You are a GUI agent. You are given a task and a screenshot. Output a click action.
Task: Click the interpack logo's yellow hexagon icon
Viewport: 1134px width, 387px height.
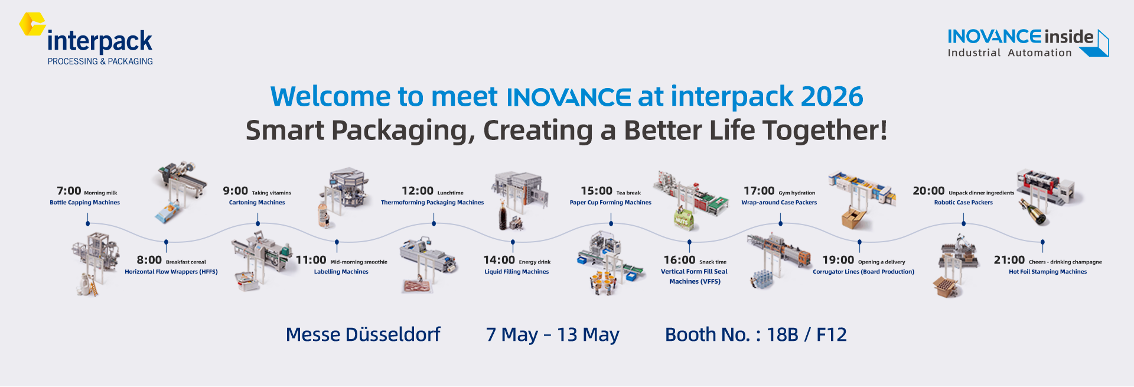[x=32, y=24]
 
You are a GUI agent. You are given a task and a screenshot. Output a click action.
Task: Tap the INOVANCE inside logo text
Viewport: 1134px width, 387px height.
[x=1021, y=37]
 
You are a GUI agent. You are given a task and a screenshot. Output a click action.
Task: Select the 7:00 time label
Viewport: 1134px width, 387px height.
[x=69, y=191]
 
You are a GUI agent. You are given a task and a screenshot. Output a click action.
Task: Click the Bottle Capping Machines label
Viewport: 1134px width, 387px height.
[x=85, y=203]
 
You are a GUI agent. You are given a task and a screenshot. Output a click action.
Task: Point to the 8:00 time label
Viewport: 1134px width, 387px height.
[x=149, y=260]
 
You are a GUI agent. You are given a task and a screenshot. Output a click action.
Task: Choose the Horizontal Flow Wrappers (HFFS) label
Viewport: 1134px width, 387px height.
[x=171, y=272]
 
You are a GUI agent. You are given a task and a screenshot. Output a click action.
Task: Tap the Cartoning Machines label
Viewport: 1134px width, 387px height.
[x=257, y=203]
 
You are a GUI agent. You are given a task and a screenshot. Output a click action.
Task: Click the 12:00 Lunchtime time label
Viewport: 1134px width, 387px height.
[x=432, y=191]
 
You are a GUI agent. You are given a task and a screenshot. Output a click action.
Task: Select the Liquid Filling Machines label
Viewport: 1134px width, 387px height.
[x=517, y=272]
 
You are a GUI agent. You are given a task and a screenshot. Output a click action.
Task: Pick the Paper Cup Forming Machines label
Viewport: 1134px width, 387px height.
[x=611, y=203]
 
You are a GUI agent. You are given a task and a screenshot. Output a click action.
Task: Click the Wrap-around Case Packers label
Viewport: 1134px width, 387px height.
[x=779, y=203]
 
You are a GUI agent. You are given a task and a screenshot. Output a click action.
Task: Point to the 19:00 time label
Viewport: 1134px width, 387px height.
[x=838, y=260]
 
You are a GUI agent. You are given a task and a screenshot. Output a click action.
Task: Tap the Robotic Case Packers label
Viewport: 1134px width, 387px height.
[x=963, y=203]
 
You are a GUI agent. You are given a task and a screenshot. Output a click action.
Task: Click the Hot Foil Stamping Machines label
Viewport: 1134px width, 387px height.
[x=1048, y=272]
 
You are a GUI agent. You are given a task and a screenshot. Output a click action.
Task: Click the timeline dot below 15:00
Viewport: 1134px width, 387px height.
[x=611, y=223]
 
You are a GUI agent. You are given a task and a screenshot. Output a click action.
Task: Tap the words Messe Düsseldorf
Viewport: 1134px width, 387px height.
[x=363, y=334]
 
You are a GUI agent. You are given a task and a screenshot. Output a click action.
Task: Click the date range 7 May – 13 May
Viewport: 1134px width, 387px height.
[x=552, y=335]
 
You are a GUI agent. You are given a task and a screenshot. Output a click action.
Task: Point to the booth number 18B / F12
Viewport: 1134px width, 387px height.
[x=807, y=335]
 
